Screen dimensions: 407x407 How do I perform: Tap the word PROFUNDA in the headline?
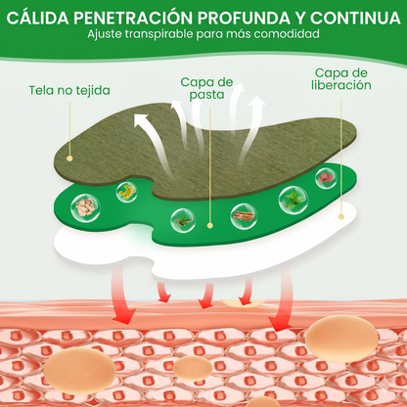tap(244, 19)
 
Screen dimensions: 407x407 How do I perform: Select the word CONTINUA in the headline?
tap(355, 19)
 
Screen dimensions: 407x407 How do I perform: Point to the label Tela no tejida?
tap(69, 90)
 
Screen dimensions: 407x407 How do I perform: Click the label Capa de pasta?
tap(206, 88)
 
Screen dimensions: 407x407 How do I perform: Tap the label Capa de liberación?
tap(341, 79)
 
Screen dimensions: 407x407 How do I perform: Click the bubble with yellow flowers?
tap(126, 192)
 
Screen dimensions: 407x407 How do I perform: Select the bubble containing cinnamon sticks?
tap(244, 216)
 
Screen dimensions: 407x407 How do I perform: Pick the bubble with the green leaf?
tap(293, 200)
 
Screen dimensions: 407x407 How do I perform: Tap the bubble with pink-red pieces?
tap(326, 178)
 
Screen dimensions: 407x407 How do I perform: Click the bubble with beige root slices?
tap(85, 207)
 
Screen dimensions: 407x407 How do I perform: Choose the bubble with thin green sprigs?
tap(183, 220)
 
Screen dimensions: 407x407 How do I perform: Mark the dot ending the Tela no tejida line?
tap(69, 158)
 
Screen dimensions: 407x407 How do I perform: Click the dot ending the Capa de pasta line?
tap(210, 225)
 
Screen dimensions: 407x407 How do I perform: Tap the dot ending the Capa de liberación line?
tap(341, 216)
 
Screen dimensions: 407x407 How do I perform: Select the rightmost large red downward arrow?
tap(282, 300)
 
